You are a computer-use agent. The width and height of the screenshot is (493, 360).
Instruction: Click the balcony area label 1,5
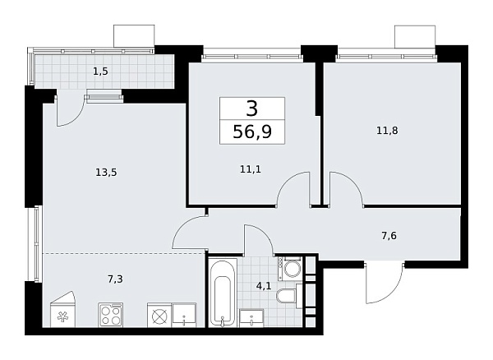pyautogui.click(x=100, y=72)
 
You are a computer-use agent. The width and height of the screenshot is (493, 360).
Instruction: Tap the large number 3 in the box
pyautogui.click(x=251, y=108)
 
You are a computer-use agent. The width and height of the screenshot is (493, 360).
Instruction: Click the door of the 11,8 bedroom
pyautogui.click(x=345, y=189)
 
